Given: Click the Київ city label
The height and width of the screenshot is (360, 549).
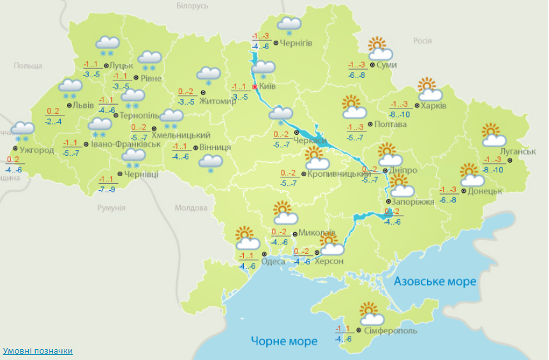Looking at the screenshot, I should pos(267,86).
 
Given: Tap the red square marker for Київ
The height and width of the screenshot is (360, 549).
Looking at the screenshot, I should pos(255,86).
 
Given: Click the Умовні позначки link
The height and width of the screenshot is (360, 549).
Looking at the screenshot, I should pos(38,351).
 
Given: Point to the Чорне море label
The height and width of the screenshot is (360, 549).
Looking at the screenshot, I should pos(284,341).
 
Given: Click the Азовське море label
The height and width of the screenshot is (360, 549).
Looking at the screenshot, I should pos(435,281).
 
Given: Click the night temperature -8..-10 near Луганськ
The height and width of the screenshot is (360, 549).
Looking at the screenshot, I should pos(493,169).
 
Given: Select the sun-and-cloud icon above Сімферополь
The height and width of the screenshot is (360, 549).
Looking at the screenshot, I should pos(371,313).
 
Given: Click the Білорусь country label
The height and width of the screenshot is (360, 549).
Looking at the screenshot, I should pos(192,6).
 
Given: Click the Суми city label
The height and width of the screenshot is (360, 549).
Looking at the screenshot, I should pos(386,65).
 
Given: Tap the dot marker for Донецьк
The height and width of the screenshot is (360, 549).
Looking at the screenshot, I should pos(464,190).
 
